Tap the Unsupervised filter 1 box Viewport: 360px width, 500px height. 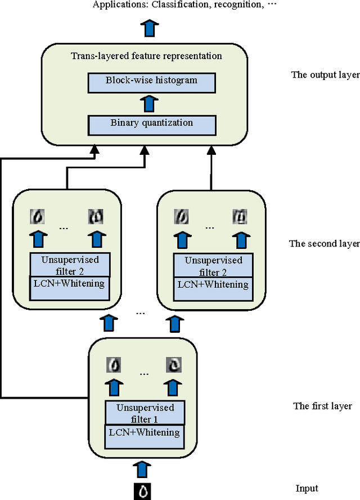(145, 413)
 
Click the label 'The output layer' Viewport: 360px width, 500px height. (325, 75)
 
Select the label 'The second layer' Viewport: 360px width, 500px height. (324, 244)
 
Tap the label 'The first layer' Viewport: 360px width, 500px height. (322, 406)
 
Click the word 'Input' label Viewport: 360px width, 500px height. (307, 489)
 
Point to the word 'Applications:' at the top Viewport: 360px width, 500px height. (117, 5)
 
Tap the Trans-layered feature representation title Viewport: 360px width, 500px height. (146, 56)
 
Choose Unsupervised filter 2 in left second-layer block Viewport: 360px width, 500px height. (70, 266)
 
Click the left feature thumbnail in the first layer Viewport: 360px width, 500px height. (114, 365)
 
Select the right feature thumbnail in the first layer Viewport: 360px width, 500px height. (173, 365)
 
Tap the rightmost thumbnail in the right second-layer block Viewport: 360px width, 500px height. (241, 216)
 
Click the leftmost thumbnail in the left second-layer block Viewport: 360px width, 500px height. (38, 216)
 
